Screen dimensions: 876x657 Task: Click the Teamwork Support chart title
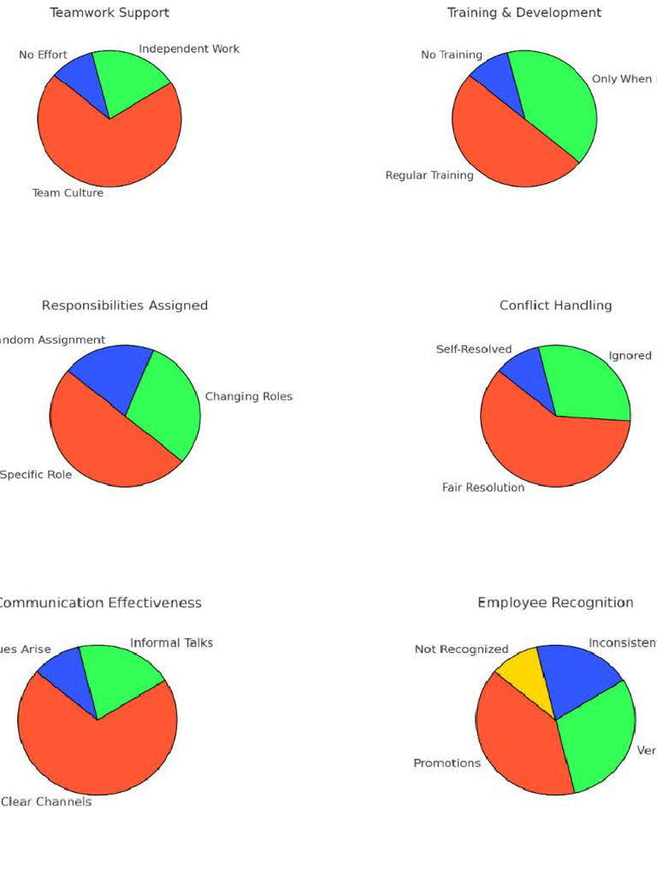[109, 13]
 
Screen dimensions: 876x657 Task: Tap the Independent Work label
[189, 49]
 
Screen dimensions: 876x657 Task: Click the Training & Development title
[524, 13]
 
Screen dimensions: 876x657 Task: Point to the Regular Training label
[429, 175]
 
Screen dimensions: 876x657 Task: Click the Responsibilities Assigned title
[125, 305]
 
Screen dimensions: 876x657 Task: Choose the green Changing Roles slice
[167, 402]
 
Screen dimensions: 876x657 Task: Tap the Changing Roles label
[248, 396]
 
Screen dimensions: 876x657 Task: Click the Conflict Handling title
[555, 305]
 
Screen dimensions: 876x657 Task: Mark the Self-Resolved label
[473, 349]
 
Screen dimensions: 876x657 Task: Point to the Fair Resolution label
[482, 488]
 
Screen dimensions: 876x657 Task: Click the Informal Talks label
[171, 642]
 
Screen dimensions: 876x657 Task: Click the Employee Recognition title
[555, 603]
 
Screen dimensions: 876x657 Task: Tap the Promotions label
[447, 763]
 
